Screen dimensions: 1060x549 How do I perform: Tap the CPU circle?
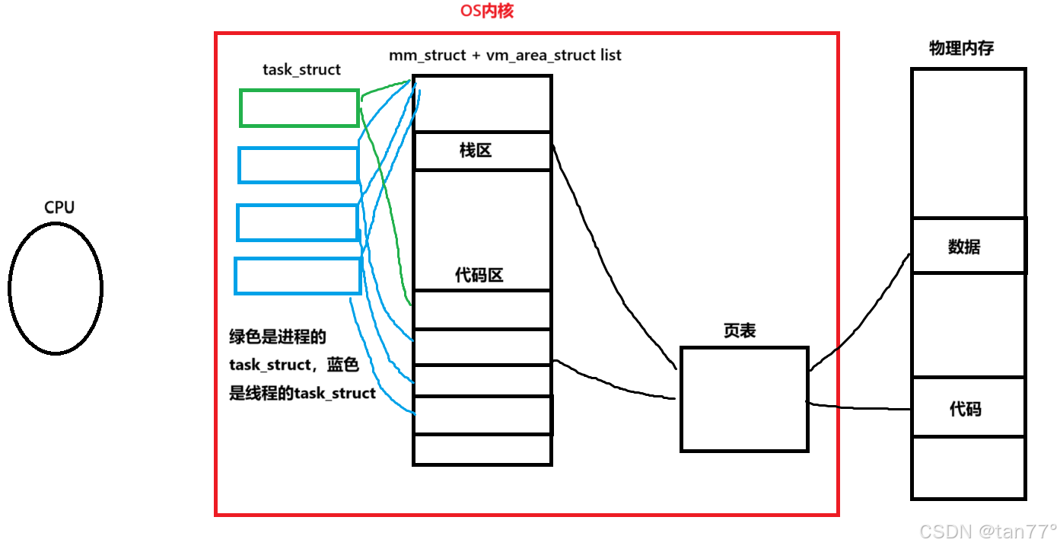point(56,288)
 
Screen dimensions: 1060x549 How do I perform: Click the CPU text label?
point(59,207)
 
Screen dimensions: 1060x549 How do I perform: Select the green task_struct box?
point(299,108)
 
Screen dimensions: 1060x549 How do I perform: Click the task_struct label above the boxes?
point(301,70)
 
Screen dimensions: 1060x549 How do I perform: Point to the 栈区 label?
point(476,151)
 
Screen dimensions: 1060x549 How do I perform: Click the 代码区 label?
point(479,276)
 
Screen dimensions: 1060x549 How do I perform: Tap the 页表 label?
point(740,331)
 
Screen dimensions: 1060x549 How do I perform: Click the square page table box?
point(743,399)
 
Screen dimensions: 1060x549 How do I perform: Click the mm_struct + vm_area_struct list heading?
point(505,56)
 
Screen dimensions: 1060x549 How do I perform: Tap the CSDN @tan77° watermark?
point(988,531)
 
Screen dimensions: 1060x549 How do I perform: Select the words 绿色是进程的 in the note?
point(278,337)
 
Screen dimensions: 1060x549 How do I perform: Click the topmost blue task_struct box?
point(298,165)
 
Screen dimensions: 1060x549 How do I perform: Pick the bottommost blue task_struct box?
point(298,276)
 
